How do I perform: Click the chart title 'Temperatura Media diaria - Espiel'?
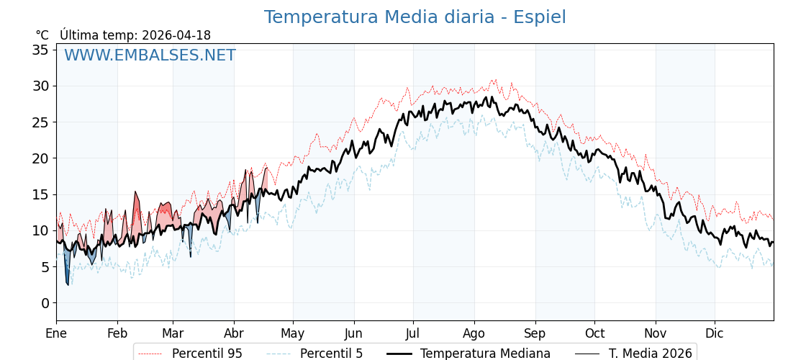point(415,17)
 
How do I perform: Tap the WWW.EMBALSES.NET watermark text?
point(150,55)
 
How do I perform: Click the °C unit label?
point(42,35)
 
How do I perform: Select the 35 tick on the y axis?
point(40,50)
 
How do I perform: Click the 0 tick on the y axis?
point(45,303)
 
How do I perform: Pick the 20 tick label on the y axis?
point(40,158)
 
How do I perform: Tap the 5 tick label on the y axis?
point(45,267)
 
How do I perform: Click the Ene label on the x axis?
point(56,333)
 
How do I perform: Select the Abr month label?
point(234,333)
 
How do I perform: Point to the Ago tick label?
point(474,333)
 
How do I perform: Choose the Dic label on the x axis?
point(715,333)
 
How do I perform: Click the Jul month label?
point(413,333)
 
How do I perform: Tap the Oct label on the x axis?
point(594,333)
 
